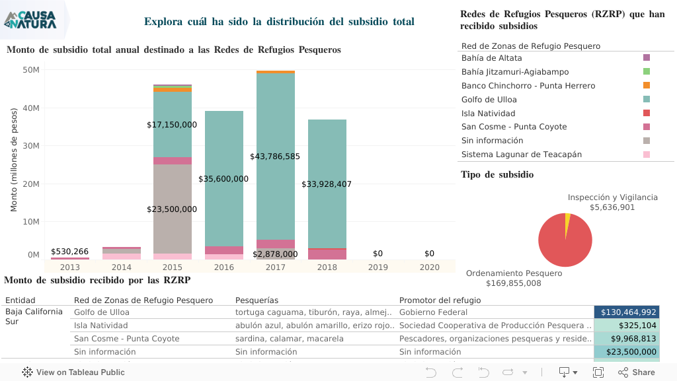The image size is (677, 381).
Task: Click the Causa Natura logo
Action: [x=30, y=20]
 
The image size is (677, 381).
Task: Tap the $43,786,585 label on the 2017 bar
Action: [x=275, y=156]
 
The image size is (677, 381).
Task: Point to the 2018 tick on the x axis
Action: [x=327, y=267]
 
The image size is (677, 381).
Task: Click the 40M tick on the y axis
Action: [x=31, y=108]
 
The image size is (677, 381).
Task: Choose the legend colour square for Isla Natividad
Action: [x=646, y=113]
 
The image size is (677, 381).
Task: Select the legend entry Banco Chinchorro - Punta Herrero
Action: [x=528, y=86]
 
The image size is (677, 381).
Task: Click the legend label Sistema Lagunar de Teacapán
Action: [x=522, y=155]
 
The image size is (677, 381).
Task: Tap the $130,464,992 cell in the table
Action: [x=628, y=312]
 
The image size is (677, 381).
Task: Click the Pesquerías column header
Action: [x=257, y=300]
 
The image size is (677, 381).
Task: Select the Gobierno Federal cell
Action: [x=433, y=312]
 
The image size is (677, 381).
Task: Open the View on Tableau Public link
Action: [x=73, y=372]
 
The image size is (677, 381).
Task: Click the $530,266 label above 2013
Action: [x=69, y=252]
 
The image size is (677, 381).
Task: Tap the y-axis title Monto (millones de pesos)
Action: [x=14, y=161]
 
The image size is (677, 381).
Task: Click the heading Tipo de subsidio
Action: [x=497, y=175]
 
